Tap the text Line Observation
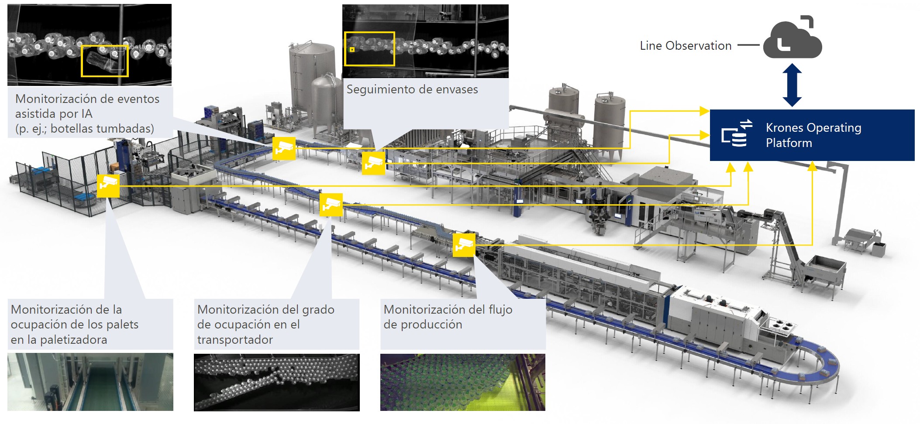pos(685,46)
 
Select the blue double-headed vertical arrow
pos(792,85)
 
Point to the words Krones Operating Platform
pos(813,135)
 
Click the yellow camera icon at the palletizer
pos(108,185)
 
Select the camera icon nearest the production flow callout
pos(463,245)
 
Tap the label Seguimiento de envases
pos(412,89)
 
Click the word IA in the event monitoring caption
pos(86,114)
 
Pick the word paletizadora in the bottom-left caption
pos(73,340)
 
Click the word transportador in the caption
pos(235,340)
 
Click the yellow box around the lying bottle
pos(105,61)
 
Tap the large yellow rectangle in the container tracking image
pos(369,48)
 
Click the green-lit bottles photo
pos(462,382)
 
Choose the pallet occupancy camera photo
pos(90,382)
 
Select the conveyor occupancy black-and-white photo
pos(276,382)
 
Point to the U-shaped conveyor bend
pos(821,366)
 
